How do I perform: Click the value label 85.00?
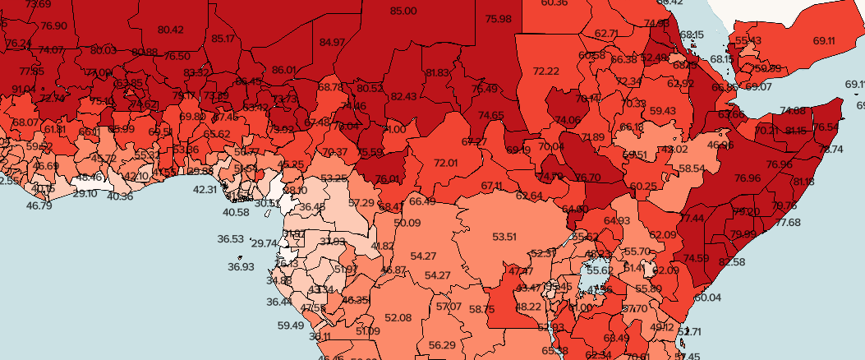tap(403, 11)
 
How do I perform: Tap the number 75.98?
tap(498, 19)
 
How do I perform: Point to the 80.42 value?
tap(170, 30)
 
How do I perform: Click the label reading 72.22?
tap(546, 72)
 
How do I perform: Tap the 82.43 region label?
tap(403, 96)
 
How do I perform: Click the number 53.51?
tap(504, 237)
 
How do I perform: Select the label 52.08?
tap(398, 317)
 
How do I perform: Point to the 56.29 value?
tap(442, 344)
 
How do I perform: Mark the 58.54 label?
tap(692, 168)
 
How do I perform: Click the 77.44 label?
tap(692, 218)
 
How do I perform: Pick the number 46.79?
tap(39, 205)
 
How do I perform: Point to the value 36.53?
tap(231, 239)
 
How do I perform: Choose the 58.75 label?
tap(482, 309)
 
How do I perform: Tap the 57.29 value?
tap(361, 202)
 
